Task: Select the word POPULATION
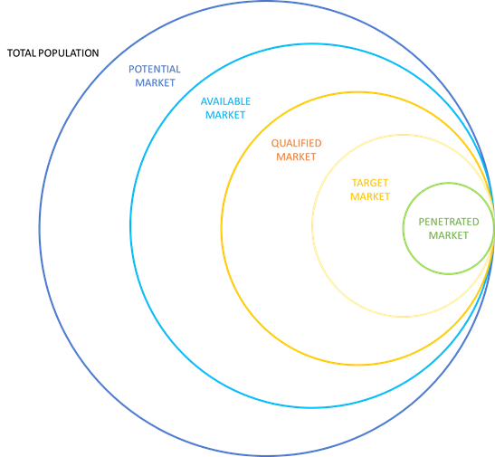pos(69,53)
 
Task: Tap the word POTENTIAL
pos(155,69)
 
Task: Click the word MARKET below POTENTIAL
pos(155,82)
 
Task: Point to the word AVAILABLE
pos(225,101)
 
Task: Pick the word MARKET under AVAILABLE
pos(225,115)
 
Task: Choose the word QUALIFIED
pos(297,143)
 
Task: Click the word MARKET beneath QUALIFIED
pos(296,157)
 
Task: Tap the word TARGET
pos(370,183)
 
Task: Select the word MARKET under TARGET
pos(370,196)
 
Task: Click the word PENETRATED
pos(449,222)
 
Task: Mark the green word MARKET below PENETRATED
pos(448,235)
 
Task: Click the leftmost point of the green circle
pos(403,228)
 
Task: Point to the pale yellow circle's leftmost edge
pos(312,225)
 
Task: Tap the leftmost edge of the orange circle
pos(222,228)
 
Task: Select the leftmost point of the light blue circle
pos(130,225)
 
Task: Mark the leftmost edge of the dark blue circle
pos(40,228)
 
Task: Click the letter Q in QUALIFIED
pos(275,143)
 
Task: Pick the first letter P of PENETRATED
pos(422,222)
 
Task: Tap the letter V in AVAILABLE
pos(211,101)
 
